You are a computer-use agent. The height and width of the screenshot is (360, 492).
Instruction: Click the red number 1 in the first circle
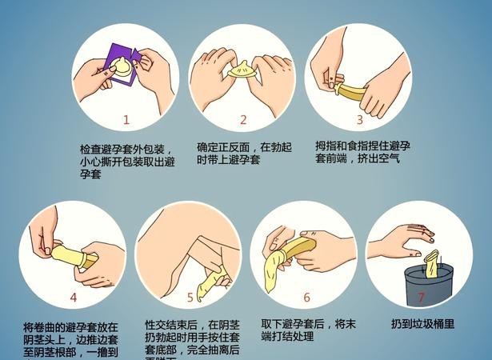126,120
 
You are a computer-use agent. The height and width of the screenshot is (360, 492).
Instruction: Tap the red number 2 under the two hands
243,121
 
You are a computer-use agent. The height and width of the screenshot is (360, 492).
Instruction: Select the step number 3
359,119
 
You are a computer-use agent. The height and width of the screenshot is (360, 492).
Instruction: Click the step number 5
190,298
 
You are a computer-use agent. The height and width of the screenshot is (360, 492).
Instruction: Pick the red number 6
306,298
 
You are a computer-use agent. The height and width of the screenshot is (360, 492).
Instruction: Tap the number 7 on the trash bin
422,298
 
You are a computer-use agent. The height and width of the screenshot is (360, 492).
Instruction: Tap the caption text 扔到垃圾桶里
422,324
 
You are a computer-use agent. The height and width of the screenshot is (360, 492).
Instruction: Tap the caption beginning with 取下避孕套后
306,330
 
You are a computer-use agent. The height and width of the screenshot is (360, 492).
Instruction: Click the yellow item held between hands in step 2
241,71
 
